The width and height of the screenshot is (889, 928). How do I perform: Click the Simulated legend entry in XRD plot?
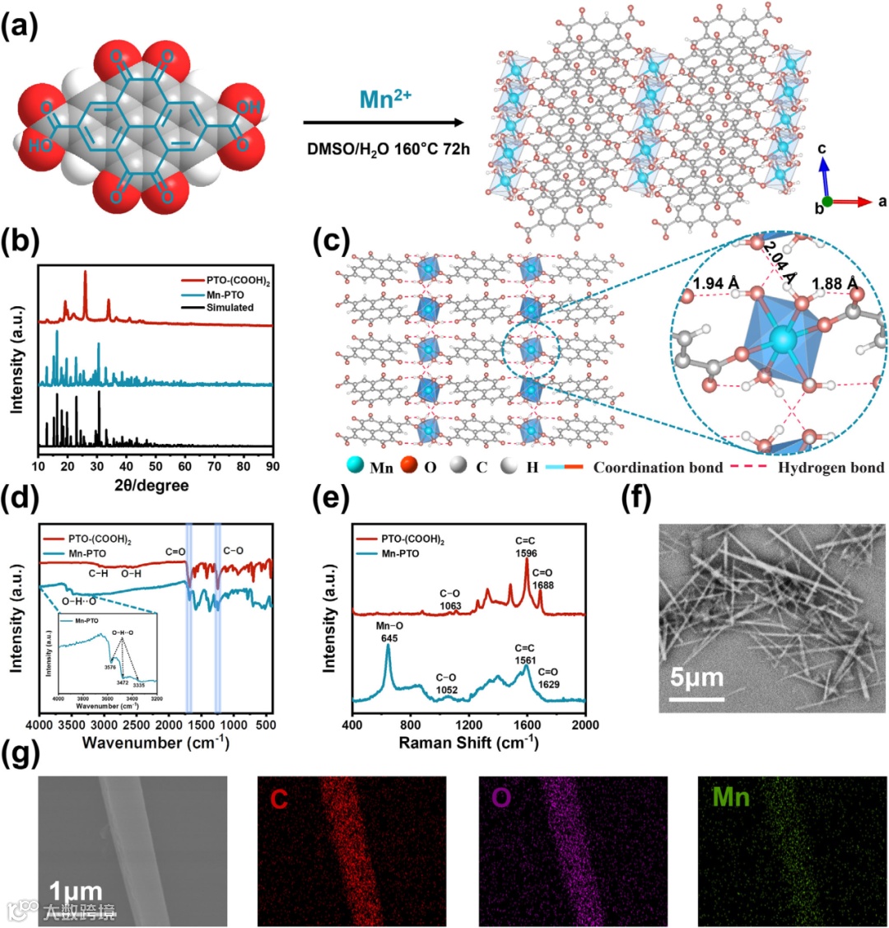pos(230,307)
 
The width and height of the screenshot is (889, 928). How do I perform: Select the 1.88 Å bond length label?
pos(833,284)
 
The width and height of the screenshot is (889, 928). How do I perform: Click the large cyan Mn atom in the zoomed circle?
pos(780,340)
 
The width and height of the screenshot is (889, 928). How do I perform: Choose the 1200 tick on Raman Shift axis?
pos(469,725)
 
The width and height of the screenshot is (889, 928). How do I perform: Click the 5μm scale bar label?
pos(696,679)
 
